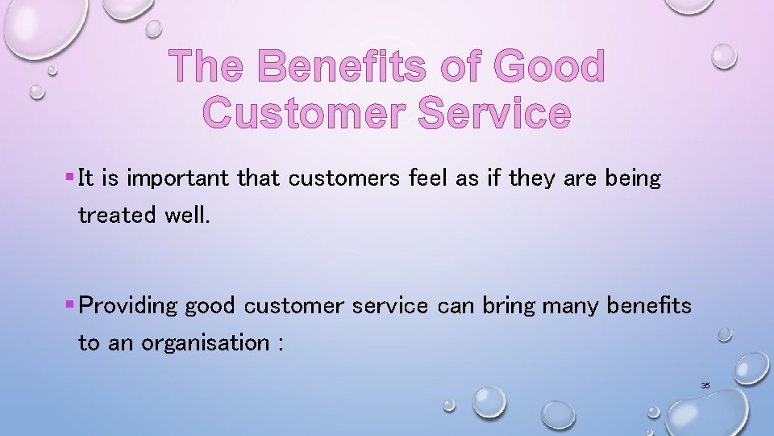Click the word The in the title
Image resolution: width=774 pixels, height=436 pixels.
coord(209,66)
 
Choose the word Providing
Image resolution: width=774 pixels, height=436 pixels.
coord(129,306)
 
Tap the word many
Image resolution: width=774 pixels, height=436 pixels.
coord(572,306)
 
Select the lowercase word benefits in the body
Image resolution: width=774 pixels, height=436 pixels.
coord(649,306)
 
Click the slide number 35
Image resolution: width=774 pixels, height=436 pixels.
coord(705,386)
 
